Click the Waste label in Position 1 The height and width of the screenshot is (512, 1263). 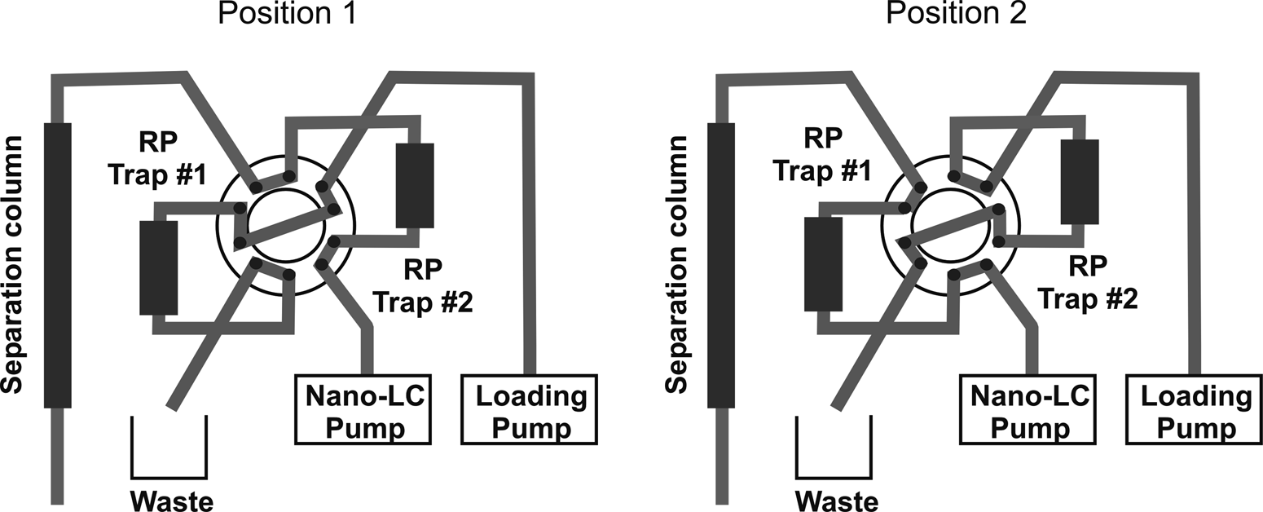coord(172,499)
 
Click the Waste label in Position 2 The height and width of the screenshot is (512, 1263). coord(837,499)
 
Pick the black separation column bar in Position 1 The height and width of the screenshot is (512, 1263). coord(58,265)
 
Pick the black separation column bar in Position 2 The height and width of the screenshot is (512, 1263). coord(721,265)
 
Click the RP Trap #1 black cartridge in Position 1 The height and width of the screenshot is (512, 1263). coord(158,267)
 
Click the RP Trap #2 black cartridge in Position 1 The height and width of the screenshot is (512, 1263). coord(414,185)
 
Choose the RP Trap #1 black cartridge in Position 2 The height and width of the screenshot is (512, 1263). coord(823,263)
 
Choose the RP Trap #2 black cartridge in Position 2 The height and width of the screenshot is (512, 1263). coord(1080,181)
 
